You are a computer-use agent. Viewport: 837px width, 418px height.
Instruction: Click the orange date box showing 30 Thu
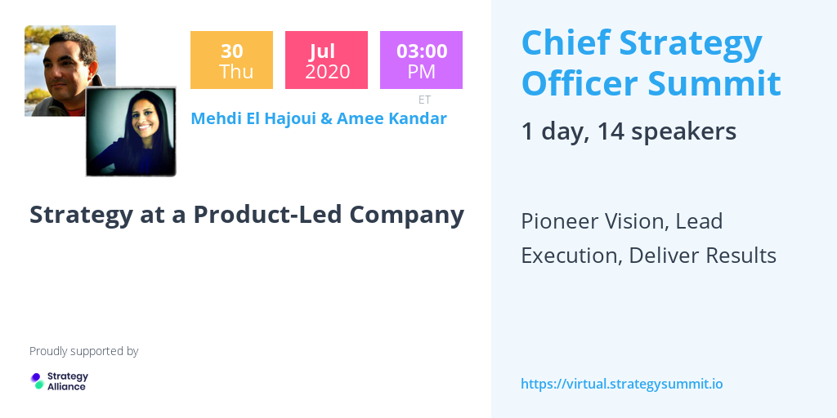tap(231, 60)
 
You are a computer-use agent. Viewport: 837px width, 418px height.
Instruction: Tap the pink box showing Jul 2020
tap(326, 60)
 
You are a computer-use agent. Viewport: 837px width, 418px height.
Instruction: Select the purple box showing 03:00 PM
tap(421, 60)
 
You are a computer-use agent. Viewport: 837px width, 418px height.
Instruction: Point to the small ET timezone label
tap(424, 100)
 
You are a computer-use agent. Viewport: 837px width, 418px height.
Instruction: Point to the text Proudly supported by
tap(83, 351)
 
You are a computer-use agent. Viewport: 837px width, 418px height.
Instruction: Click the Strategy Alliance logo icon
tap(37, 380)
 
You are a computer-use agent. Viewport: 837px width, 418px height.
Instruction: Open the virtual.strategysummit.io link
tap(621, 384)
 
